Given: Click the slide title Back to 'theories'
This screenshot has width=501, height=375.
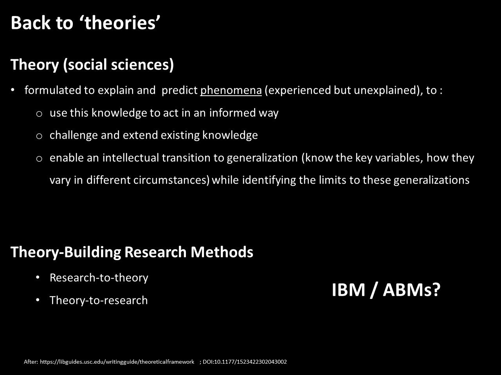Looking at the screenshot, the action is coord(86,23).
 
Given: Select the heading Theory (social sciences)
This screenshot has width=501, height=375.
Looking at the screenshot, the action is coord(92,65).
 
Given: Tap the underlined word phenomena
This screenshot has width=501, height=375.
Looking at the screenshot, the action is coord(231,91).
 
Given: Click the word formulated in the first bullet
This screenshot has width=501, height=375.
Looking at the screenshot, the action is coord(52,90).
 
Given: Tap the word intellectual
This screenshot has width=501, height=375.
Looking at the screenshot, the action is coord(131,158).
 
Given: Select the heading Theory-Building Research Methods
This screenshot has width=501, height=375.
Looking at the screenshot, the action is coord(132,252).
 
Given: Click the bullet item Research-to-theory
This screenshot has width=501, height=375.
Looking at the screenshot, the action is coord(99,278).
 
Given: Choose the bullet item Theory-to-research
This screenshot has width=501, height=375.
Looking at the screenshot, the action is coord(99,300).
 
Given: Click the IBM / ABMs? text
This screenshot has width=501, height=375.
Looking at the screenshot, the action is coord(386,290).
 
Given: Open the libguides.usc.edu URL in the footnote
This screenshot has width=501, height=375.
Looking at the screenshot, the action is coord(117,362).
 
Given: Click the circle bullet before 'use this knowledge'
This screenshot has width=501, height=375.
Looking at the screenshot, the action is coord(39,114).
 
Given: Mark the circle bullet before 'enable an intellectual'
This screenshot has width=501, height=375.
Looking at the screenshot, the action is coord(39,159).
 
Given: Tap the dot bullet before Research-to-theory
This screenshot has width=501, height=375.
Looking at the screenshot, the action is coord(38,278).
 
